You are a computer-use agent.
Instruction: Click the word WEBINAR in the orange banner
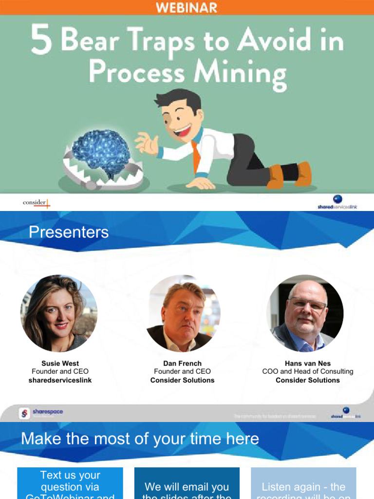click(x=187, y=7)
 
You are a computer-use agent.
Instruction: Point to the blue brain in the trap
click(x=101, y=152)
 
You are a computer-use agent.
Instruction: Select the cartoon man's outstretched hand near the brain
click(x=147, y=143)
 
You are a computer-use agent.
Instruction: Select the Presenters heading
click(x=69, y=232)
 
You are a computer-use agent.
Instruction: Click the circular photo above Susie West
click(x=59, y=313)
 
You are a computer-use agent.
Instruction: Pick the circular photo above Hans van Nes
click(x=305, y=313)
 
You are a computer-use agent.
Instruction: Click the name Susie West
click(x=60, y=363)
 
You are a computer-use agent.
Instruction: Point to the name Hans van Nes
click(x=308, y=363)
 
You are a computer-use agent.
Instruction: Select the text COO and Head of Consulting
click(x=308, y=371)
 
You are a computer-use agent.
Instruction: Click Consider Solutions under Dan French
click(x=182, y=380)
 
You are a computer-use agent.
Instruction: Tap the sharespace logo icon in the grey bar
click(x=25, y=414)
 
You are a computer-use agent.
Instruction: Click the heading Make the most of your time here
click(x=140, y=439)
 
